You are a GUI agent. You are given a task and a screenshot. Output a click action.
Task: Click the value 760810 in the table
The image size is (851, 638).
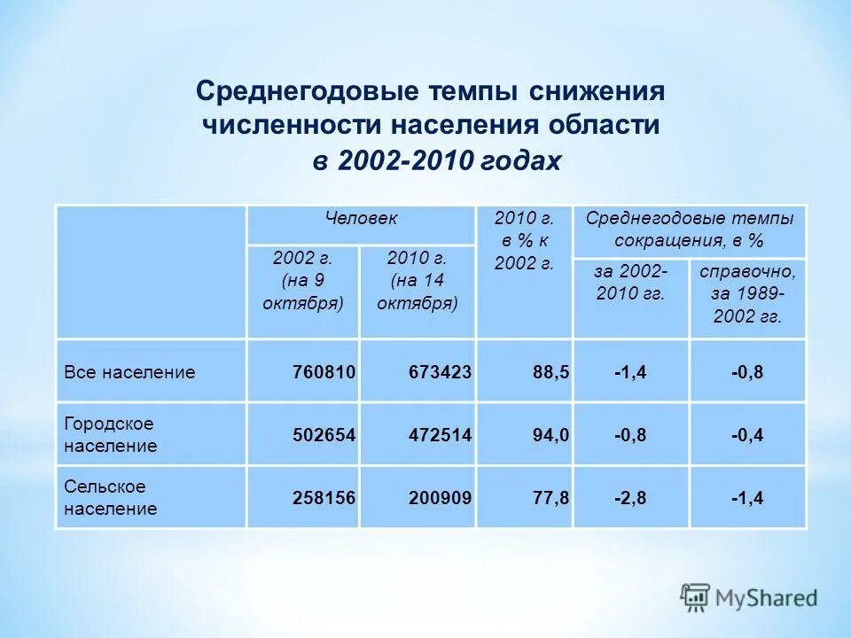324,372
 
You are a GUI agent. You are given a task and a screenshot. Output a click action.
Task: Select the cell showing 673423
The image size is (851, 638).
440,372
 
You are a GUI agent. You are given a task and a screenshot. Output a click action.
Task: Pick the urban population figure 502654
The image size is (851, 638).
324,435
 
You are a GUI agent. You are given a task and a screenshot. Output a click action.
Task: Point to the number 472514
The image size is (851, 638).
440,435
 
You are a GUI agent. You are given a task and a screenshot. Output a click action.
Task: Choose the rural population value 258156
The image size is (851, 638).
324,499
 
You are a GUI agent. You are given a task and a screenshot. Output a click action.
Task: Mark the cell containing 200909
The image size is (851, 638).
440,499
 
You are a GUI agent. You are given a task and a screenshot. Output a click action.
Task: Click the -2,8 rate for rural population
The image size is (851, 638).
630,499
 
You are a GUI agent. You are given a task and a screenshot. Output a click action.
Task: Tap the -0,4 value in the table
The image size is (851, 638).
747,435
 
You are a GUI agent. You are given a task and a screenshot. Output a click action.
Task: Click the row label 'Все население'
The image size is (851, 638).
129,372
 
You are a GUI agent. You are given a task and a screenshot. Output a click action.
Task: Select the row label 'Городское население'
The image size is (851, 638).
110,435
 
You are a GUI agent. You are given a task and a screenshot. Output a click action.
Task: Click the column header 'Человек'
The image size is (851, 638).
361,218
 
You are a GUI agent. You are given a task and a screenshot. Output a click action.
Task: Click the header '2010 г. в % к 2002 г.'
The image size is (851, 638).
524,240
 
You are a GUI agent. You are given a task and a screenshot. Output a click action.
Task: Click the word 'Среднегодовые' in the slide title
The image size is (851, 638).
308,92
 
